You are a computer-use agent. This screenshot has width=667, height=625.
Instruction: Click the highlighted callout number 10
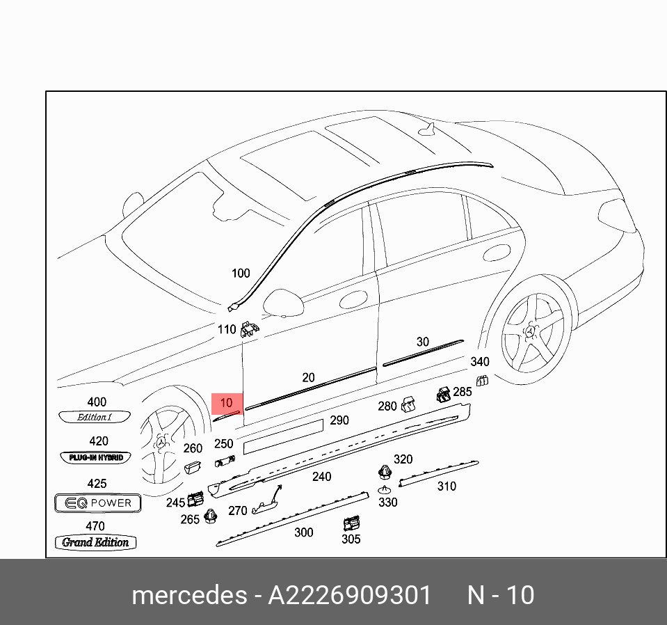coord(227,403)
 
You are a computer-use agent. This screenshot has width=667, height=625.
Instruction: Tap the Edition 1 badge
coord(95,417)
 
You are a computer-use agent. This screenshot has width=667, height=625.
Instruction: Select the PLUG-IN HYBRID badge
coord(96,457)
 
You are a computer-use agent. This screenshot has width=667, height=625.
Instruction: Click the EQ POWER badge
coord(98,503)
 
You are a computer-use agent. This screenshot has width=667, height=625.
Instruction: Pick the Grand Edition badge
coord(96,542)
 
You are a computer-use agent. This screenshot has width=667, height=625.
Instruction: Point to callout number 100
coord(240,274)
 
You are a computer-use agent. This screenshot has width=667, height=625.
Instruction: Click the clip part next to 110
coord(249,329)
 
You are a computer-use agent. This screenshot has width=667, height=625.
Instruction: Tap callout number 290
coord(339,420)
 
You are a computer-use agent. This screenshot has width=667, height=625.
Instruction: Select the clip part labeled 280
coord(410,403)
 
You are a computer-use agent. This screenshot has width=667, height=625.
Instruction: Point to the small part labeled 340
coord(481,379)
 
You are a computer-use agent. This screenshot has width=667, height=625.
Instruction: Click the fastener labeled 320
coord(384,473)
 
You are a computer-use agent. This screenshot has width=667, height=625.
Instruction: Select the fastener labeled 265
coord(210,517)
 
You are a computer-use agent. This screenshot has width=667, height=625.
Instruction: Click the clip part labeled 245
coord(195,498)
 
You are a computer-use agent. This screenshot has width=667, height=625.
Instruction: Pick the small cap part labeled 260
coord(193,466)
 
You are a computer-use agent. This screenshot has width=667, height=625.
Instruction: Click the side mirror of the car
coord(285,302)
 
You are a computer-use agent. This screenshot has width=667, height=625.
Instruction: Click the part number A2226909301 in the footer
coord(350,596)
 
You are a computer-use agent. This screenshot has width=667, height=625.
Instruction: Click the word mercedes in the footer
coord(188,596)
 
